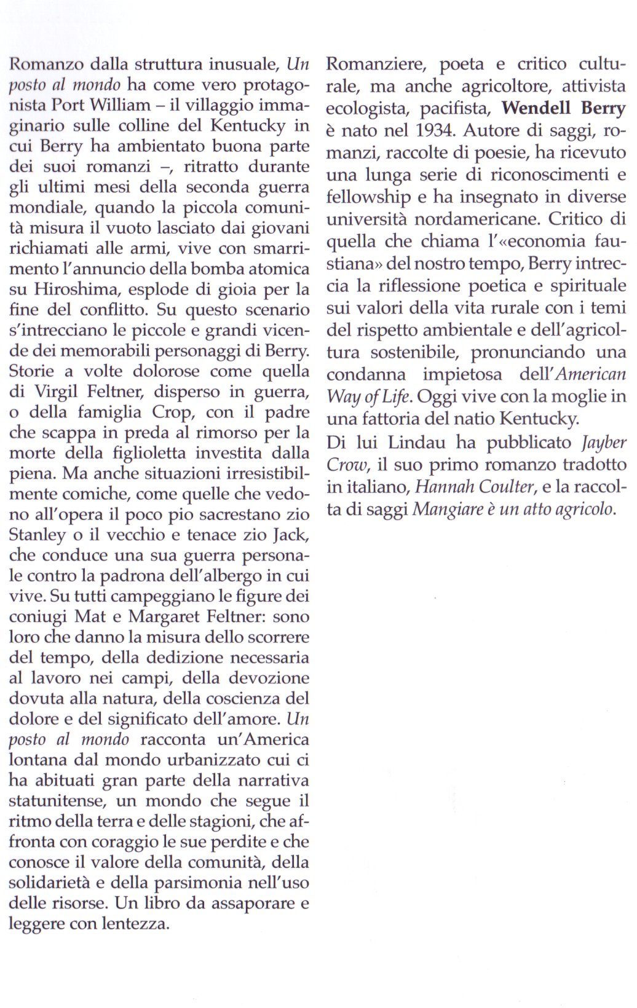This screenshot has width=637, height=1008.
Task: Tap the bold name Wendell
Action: click(535, 109)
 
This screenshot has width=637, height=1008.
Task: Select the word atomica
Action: click(280, 269)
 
